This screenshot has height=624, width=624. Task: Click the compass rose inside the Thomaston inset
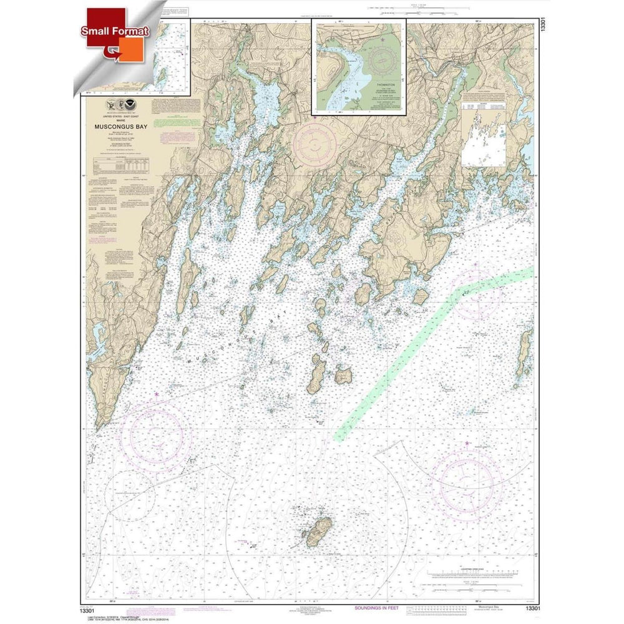point(383,61)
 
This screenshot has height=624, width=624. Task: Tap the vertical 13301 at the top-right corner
point(544,31)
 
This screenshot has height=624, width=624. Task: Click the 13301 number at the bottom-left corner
point(95,603)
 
